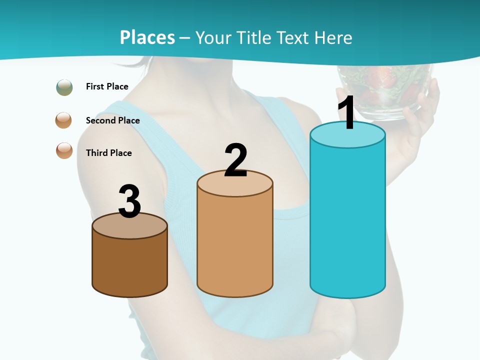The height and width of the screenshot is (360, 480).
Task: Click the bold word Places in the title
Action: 147,37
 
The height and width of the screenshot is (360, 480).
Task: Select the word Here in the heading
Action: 335,37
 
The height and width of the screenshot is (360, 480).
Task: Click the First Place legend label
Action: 107,86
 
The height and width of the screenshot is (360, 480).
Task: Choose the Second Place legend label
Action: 112,120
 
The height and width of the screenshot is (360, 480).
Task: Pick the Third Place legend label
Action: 108,153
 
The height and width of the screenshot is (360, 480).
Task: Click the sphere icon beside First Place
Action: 64,87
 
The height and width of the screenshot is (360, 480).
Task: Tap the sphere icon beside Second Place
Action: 64,120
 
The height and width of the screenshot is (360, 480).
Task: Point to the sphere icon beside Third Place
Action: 64,150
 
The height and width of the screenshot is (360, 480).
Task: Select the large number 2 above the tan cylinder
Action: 235,160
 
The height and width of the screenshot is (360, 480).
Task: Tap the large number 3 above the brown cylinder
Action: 129,201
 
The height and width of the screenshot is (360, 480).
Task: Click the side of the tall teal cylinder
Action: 347,220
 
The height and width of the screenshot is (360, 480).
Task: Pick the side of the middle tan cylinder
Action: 235,245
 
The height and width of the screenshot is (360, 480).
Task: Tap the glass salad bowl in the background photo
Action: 385,90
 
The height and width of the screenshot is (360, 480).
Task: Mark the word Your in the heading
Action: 212,37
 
